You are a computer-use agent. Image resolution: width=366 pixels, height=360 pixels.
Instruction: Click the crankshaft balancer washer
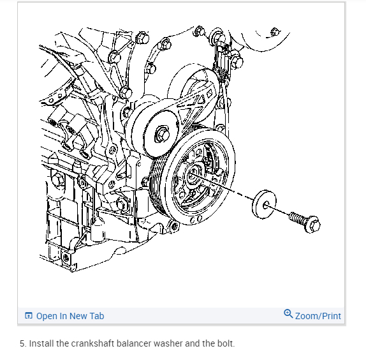pos(264,204)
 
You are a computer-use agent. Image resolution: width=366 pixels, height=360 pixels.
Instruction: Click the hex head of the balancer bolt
pos(313,224)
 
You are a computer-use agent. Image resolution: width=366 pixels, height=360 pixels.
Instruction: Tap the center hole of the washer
pos(266,206)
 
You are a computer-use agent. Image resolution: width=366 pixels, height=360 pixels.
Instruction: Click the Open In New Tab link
pos(64,316)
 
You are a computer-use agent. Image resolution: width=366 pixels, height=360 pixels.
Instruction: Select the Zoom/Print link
pos(312,315)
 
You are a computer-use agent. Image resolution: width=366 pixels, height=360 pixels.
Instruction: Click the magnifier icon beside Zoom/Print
pos(288,313)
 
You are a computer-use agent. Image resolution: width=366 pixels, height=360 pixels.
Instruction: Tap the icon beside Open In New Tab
pos(29,315)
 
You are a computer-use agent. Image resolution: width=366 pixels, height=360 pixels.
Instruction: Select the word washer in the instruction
pos(168,343)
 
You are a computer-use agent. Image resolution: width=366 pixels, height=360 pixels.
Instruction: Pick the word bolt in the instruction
pos(226,343)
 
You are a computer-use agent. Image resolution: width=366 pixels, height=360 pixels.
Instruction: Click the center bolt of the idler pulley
pos(162,135)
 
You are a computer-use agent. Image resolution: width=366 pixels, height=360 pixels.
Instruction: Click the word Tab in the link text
pos(97,316)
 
